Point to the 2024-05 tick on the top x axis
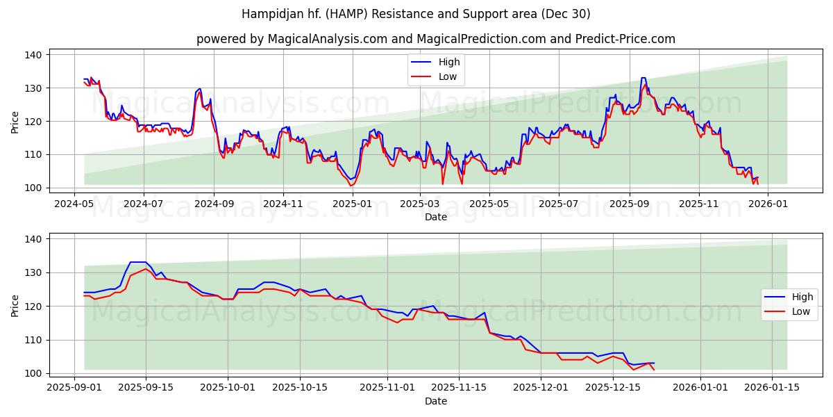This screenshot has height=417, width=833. point(74,204)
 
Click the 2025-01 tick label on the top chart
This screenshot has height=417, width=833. point(352,204)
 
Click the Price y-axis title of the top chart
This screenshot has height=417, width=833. point(15,122)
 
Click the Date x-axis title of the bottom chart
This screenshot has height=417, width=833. point(435,401)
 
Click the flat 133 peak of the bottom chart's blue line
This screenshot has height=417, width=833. point(138,262)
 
